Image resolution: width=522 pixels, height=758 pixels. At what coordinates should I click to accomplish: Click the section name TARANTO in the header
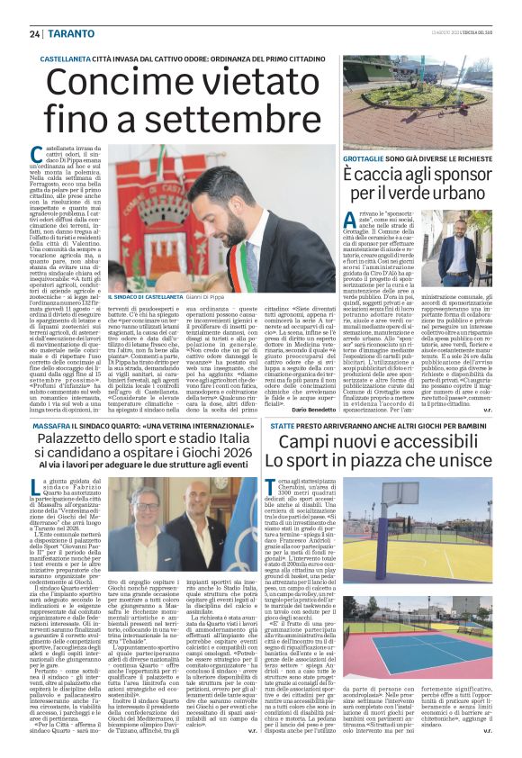67,33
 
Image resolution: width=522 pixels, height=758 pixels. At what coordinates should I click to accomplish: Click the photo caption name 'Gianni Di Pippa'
203,296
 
